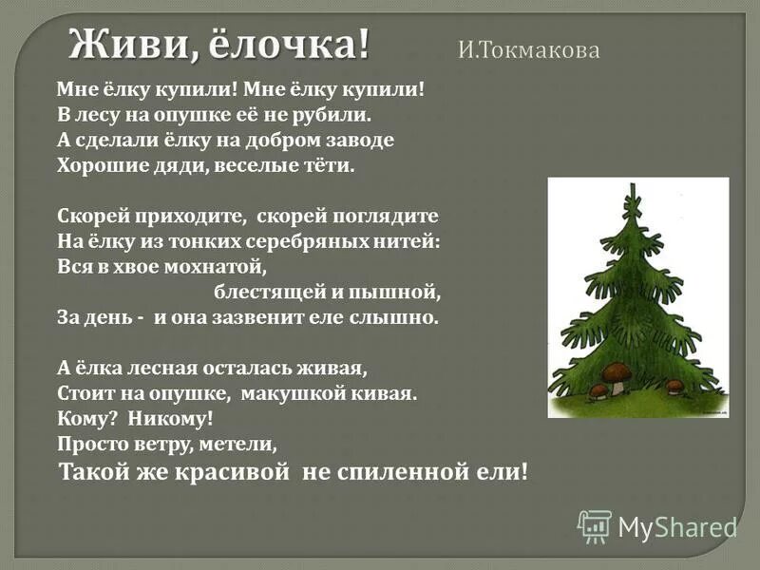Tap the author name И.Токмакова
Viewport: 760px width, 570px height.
point(529,51)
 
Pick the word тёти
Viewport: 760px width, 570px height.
point(326,165)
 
